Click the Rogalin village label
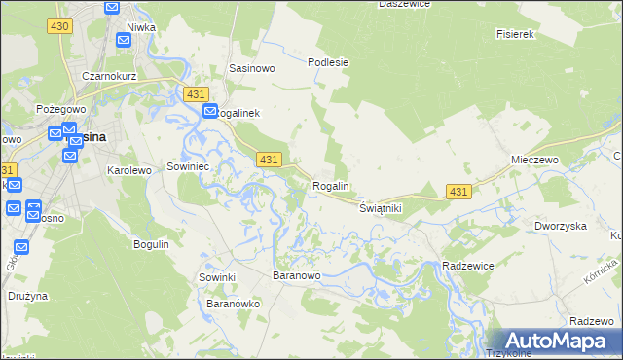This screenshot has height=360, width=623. coord(331,186)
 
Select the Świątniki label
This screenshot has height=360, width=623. coord(381,209)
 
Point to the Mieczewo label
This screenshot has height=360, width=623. coord(532,159)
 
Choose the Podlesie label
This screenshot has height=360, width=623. coord(328,62)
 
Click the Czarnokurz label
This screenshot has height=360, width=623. coord(107,75)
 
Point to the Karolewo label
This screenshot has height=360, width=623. coord(129,170)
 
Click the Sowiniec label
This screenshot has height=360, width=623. coord(189,166)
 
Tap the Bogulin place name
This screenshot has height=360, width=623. coord(151,243)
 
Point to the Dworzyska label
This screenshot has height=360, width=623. coord(560,226)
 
